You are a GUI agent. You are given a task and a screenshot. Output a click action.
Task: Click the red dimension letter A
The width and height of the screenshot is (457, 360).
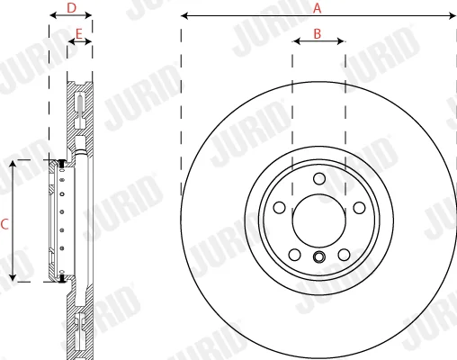317,8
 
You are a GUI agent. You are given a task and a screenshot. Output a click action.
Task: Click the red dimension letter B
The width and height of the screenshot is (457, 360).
318,34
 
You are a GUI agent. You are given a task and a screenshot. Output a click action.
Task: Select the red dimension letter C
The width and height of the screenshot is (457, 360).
4,224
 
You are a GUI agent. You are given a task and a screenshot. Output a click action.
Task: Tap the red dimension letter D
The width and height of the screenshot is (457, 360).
71,8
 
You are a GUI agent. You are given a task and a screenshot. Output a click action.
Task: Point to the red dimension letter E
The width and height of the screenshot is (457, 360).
78,34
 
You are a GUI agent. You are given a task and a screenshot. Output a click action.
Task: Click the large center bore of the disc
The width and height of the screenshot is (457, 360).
318,220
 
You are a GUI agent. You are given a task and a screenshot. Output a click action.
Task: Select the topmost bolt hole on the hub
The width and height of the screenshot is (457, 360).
319,179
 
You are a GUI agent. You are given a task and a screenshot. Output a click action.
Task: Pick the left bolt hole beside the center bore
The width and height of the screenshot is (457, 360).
280,208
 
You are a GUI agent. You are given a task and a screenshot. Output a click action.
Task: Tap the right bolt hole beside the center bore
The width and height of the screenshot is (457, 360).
359,208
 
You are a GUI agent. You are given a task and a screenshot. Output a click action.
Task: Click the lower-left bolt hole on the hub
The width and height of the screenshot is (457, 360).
295,255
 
